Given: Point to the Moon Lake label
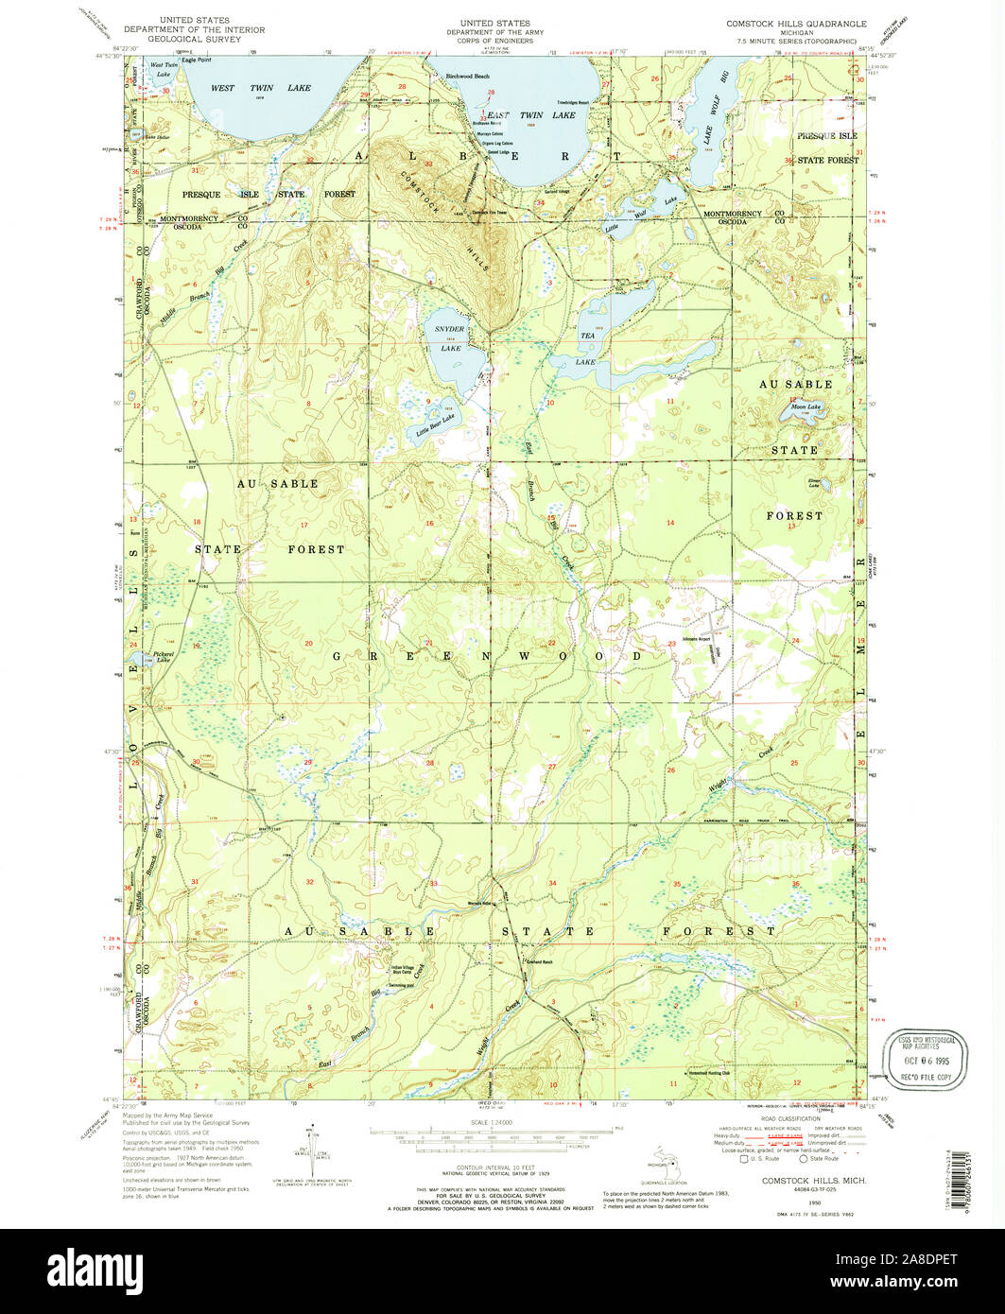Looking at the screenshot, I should click(x=806, y=406).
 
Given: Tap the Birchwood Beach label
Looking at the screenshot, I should click(x=467, y=76).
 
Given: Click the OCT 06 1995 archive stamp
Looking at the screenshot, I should click(x=926, y=1048).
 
